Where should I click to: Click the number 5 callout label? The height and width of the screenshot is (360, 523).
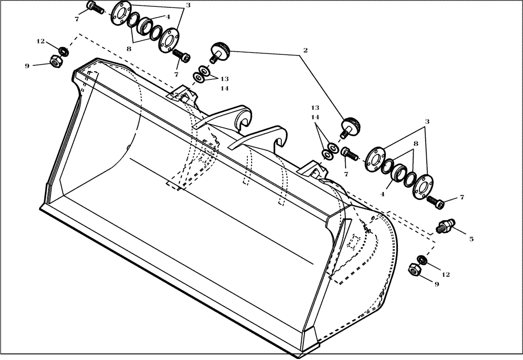[471, 239]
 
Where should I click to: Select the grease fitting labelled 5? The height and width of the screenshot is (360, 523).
[445, 227]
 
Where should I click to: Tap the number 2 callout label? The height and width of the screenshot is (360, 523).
[305, 51]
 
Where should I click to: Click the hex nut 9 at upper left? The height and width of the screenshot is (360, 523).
[56, 61]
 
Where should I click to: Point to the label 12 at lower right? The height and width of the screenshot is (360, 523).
[445, 274]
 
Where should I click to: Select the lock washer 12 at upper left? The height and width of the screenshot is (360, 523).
[63, 51]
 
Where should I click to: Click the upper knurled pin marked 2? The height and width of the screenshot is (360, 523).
[220, 52]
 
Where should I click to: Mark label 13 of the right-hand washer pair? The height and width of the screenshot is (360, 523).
[315, 107]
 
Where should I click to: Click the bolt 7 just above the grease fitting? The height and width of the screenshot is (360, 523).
[434, 200]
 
